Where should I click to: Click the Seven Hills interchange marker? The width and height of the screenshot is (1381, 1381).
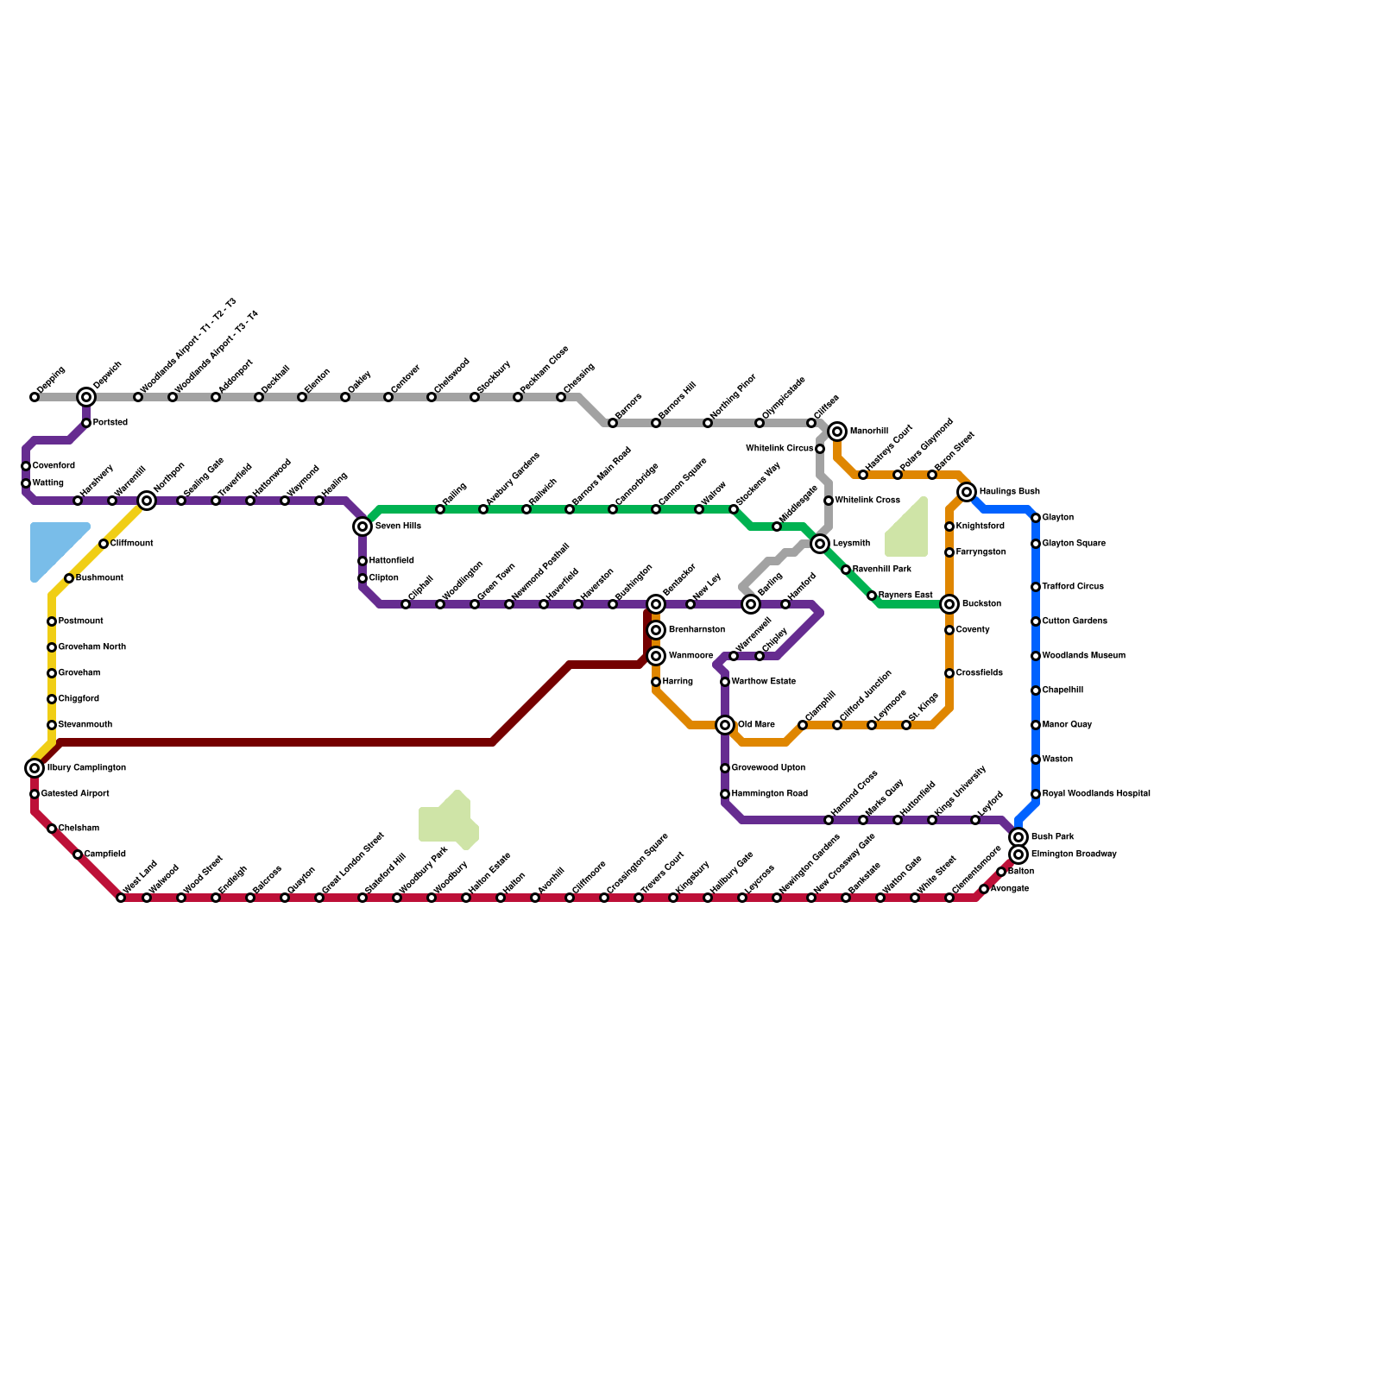coord(363,527)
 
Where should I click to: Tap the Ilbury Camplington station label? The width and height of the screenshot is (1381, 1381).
coord(86,768)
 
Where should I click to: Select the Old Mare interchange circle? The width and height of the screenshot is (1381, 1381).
coord(725,725)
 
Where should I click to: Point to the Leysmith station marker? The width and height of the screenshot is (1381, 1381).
coord(820,544)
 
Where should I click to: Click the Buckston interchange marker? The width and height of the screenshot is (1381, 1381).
coord(949,604)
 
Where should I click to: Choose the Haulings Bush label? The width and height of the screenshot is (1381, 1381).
coord(1009,492)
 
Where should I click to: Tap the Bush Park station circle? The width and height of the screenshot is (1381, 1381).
coord(1018,837)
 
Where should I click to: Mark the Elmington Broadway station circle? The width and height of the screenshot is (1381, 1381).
coord(1018,854)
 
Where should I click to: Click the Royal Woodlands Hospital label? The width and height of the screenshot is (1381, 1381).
coord(1096,794)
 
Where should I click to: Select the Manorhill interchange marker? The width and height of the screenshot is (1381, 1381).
coord(837,432)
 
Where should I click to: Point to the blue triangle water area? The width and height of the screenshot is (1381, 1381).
coord(54,546)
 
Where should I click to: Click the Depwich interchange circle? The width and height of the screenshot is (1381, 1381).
coord(86,397)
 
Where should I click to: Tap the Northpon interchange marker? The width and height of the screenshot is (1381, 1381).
coord(147,501)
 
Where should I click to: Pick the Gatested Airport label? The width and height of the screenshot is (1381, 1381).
coord(75,794)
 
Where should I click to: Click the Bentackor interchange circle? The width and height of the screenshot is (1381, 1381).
coord(656,604)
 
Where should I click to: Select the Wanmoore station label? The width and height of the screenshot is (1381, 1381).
coord(690,656)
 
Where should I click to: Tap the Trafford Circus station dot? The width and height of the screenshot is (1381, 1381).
coord(1036,587)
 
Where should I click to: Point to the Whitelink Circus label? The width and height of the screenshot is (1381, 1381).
coord(779,449)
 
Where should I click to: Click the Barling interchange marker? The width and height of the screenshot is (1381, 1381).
coord(751,604)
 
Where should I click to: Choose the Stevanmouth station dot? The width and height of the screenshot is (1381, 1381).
coord(52,725)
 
